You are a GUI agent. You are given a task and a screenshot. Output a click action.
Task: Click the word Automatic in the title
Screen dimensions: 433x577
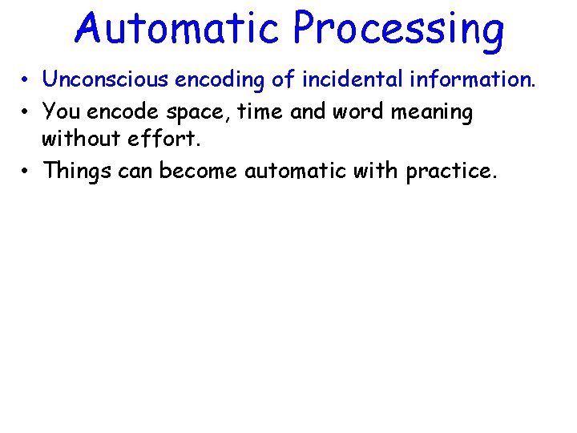pos(179,29)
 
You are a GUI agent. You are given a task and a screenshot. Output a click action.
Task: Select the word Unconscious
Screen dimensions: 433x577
pos(104,79)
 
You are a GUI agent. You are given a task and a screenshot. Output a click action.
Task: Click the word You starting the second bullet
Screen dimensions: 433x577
pos(61,111)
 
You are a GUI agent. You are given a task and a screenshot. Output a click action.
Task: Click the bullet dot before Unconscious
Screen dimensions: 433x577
pos(26,80)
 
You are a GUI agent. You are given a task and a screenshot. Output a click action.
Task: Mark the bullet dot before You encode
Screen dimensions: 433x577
pos(26,111)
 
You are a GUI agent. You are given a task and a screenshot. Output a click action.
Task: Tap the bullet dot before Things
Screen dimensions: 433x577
pos(26,171)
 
